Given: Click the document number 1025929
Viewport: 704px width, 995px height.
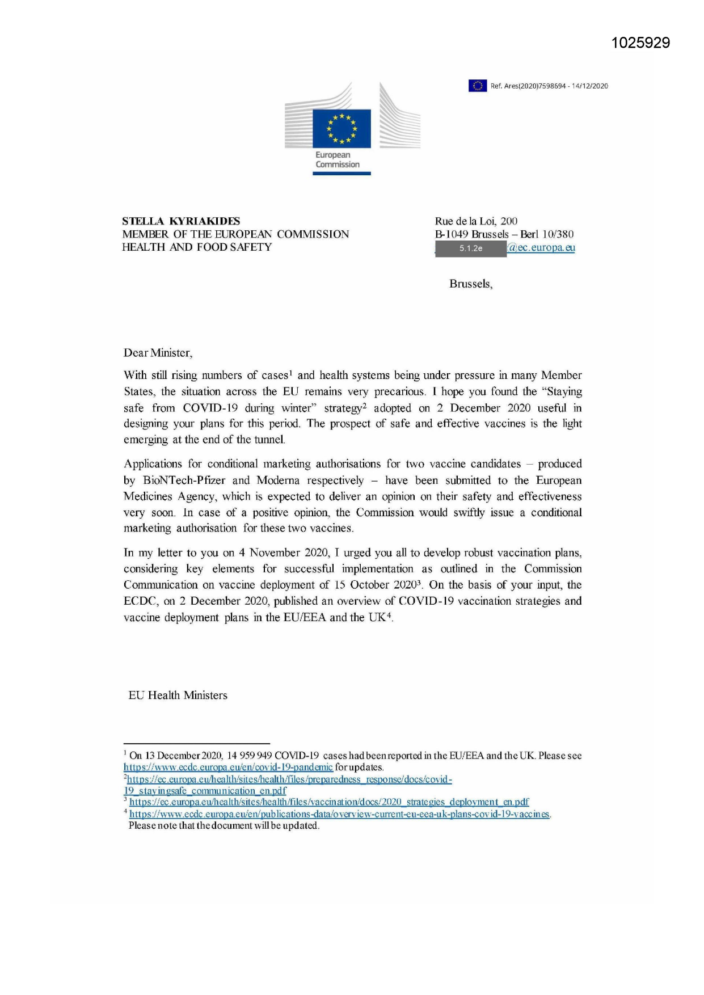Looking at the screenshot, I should (x=640, y=43).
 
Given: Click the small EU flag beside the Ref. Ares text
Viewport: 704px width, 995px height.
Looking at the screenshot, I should (x=477, y=86).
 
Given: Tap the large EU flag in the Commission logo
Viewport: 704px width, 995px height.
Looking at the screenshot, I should (x=341, y=129).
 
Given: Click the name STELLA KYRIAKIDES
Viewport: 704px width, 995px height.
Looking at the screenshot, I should (x=181, y=221).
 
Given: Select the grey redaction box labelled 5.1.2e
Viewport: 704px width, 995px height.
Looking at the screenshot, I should (x=470, y=248).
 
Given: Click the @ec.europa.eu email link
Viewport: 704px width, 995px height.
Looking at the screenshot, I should (x=541, y=247).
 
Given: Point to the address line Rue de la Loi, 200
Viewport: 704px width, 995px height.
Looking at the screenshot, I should (x=476, y=221).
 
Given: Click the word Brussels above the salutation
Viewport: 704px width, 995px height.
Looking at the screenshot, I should (x=470, y=284).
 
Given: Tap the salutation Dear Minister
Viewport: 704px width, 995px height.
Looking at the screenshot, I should (x=158, y=353).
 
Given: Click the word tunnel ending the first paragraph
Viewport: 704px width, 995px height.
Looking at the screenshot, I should (x=269, y=440).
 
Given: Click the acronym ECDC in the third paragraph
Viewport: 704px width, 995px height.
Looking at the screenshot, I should (x=140, y=601).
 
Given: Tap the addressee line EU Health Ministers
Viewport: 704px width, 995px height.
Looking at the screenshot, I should (x=178, y=695).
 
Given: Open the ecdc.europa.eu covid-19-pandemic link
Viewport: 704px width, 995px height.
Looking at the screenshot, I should (x=228, y=767).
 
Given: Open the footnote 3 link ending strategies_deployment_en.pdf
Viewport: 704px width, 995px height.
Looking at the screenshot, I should (x=329, y=802).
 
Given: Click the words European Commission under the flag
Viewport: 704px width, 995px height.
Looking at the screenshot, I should (x=338, y=159).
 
